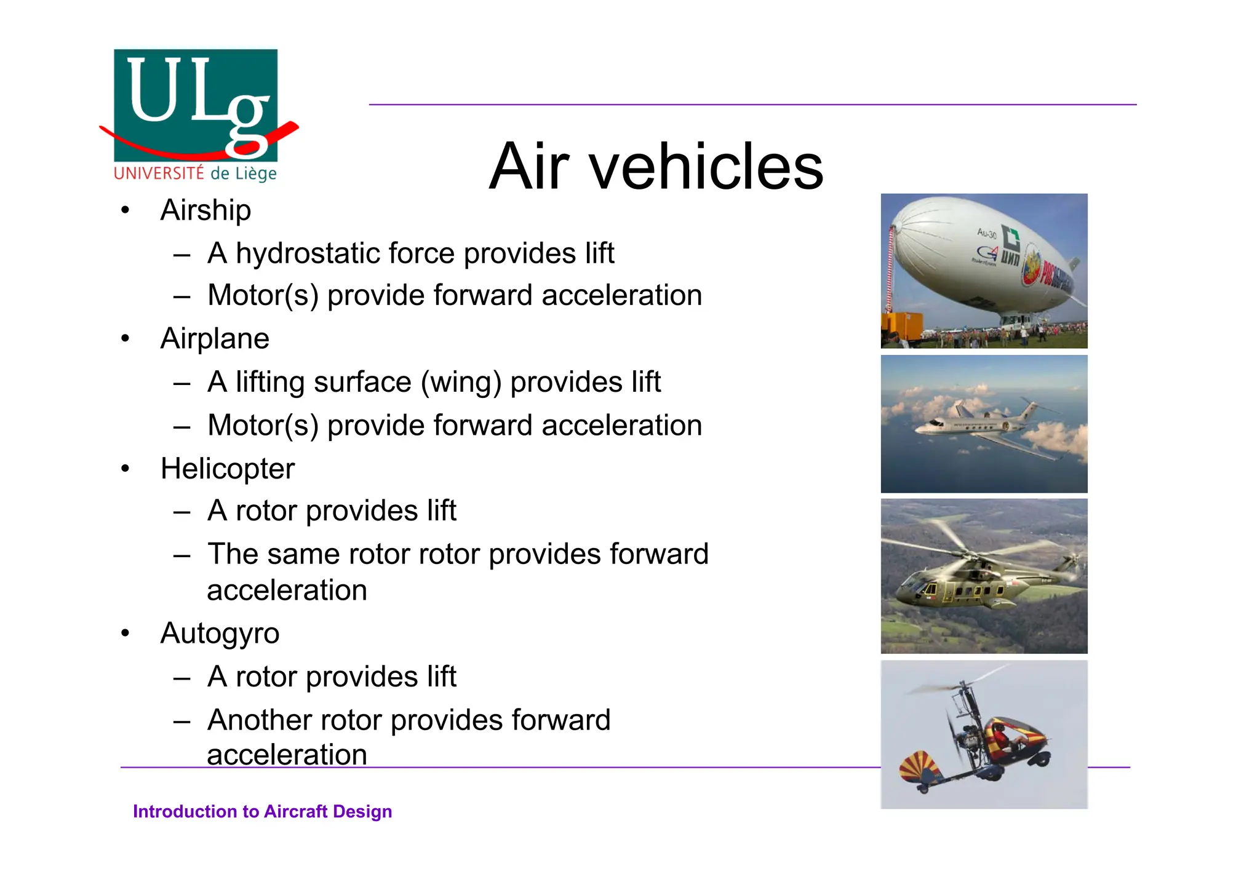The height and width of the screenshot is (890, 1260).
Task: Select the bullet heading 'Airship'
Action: coord(205,210)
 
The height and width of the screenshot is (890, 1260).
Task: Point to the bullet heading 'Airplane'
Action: coord(215,339)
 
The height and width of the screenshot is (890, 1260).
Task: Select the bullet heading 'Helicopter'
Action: coord(228,469)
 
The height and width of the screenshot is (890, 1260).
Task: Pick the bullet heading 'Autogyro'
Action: coord(220,634)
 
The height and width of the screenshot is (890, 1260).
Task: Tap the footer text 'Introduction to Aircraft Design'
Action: coord(262,811)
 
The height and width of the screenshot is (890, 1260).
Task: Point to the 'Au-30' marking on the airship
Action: coord(986,233)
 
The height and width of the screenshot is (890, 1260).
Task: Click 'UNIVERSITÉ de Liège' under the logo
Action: coord(195,173)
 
